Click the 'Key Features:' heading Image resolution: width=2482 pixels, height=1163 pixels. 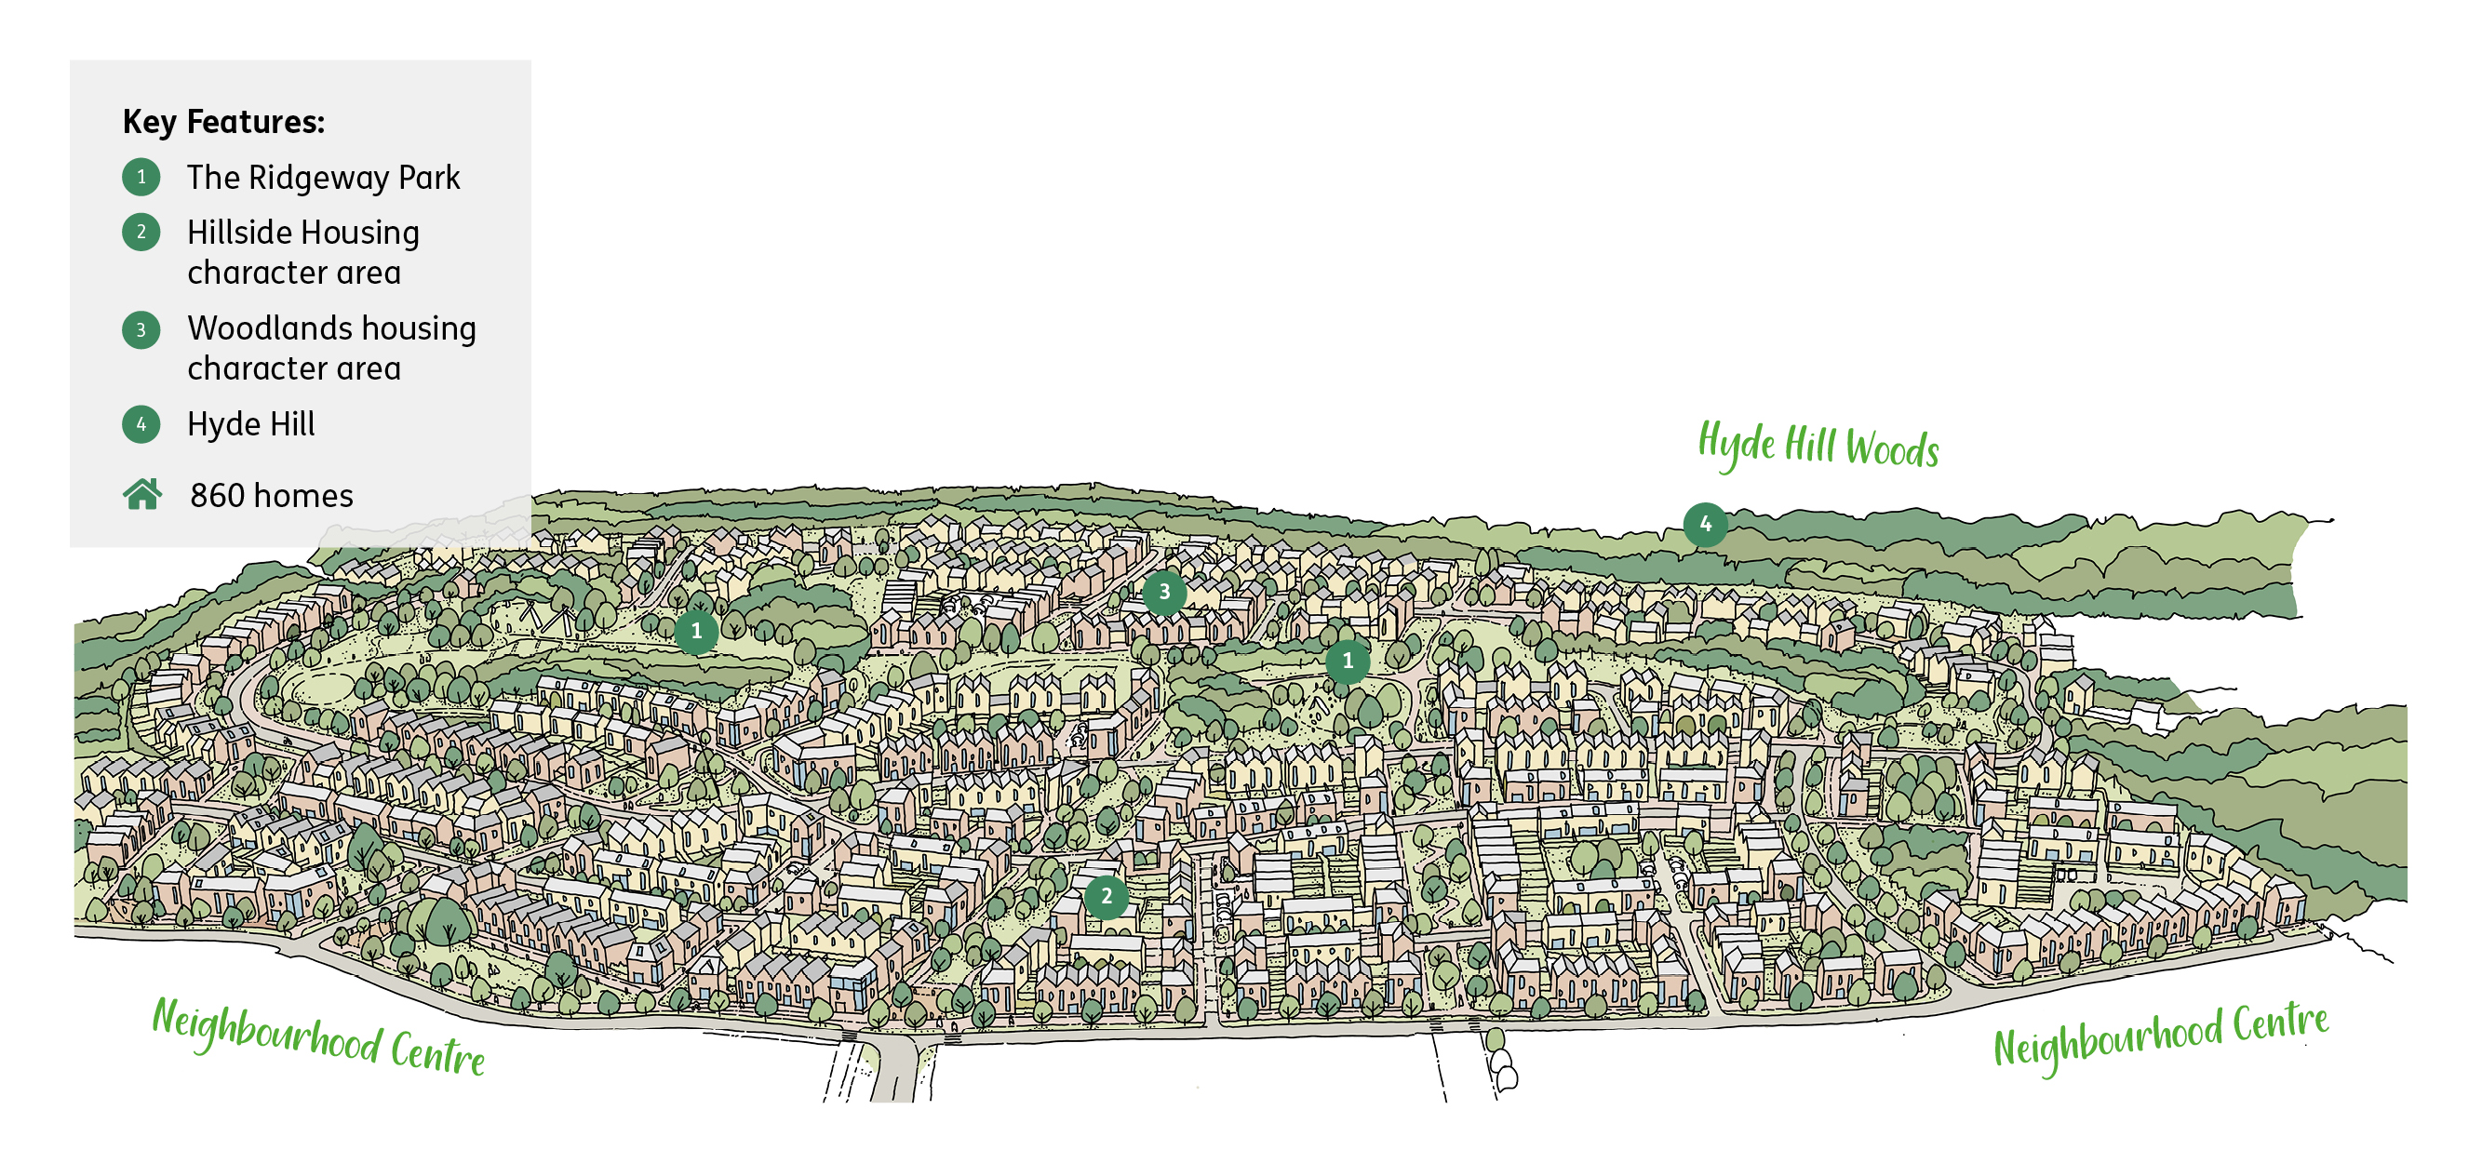223,123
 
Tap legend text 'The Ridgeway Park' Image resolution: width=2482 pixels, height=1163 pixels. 323,178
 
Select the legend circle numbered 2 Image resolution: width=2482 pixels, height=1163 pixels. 141,233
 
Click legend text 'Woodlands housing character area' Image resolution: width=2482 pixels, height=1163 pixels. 330,347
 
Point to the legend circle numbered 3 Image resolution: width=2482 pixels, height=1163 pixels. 141,329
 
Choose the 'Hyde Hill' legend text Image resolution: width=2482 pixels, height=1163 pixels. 250,424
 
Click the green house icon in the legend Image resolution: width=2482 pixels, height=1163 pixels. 142,494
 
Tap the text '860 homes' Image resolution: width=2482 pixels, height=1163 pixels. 271,495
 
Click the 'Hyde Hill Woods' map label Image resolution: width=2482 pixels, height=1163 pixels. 1818,446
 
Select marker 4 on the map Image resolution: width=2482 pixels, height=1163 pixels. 1704,524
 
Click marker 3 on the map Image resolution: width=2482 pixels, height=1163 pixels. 1164,592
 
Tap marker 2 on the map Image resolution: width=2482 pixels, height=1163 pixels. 1107,896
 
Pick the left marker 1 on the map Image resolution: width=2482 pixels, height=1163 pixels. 696,632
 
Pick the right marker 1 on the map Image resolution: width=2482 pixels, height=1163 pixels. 1347,661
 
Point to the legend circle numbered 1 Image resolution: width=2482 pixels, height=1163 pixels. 141,178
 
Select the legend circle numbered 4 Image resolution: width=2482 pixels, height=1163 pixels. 141,424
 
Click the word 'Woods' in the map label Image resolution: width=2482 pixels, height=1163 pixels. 1891,450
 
